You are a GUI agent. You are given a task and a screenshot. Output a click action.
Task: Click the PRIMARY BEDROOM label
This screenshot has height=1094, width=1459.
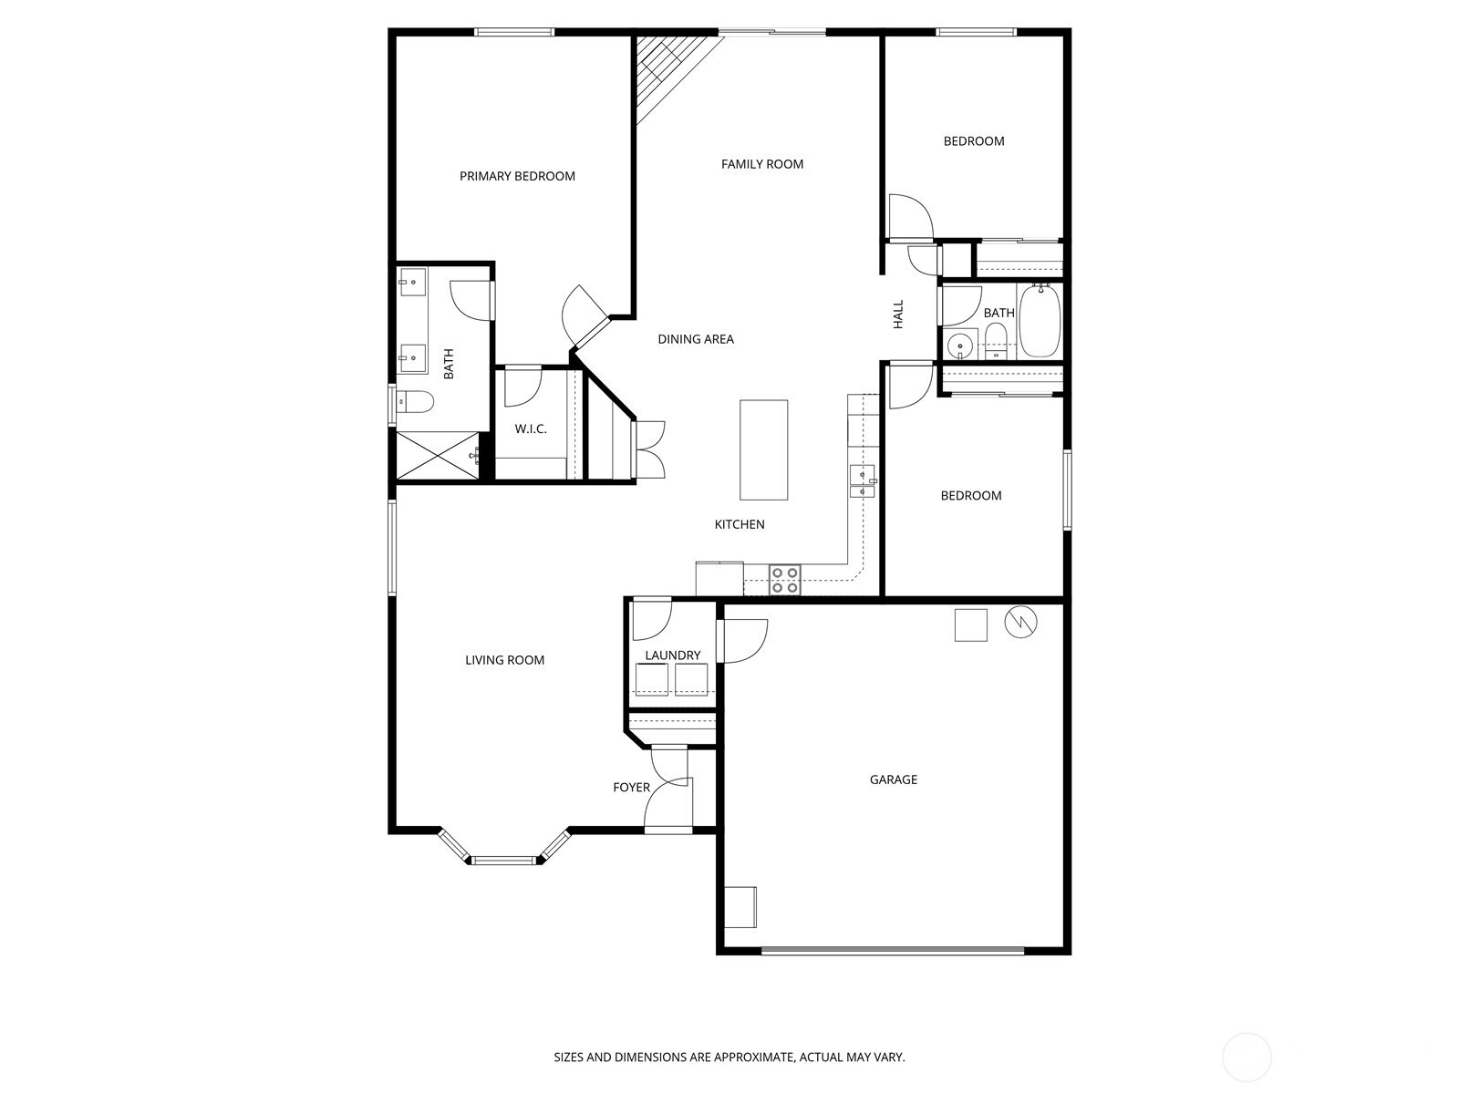[x=517, y=176]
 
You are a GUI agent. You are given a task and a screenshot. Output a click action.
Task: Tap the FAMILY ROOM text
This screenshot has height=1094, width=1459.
[x=762, y=164]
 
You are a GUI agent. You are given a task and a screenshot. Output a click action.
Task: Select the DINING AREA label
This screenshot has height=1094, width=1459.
[x=696, y=339]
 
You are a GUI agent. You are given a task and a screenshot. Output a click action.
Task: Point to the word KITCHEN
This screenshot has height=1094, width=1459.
[x=740, y=525]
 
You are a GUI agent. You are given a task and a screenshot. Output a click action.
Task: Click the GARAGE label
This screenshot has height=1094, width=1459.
[x=894, y=779]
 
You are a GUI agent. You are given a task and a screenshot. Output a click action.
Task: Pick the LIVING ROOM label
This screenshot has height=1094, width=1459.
[x=504, y=660]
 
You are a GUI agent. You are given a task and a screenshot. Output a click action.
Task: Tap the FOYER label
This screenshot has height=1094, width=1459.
[x=631, y=788]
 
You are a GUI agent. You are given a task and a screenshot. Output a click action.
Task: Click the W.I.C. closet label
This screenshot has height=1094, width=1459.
[x=531, y=429]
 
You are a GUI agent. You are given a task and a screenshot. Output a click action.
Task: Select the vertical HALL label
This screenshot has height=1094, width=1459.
[x=899, y=315]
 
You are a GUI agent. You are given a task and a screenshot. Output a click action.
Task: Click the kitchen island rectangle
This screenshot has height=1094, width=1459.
[x=764, y=449]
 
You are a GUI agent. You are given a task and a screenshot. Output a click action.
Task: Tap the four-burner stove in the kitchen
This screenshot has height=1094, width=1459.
[x=785, y=580]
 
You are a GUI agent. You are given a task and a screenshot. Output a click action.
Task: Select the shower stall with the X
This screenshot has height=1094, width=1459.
[x=438, y=455]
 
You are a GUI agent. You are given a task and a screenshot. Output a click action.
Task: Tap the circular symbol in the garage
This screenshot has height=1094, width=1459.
[x=1020, y=623]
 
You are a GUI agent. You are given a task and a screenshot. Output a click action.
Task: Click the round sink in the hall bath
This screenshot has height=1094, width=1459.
[x=959, y=346]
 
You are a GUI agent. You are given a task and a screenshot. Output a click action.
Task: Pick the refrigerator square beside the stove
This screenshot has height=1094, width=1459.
[x=719, y=579]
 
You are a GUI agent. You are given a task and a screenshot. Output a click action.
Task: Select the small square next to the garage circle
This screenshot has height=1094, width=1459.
[x=970, y=625]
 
